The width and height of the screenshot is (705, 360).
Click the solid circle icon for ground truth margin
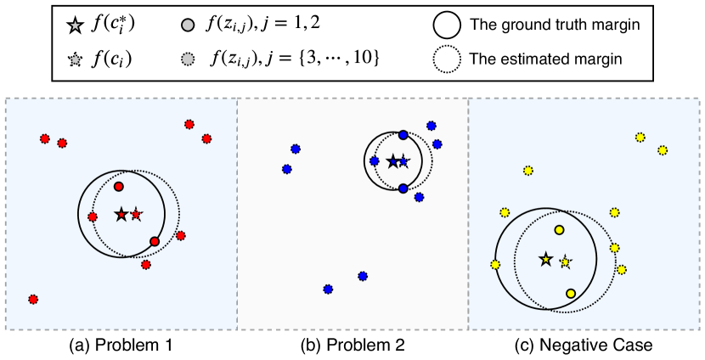[x=448, y=25]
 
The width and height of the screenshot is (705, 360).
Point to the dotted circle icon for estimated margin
[x=448, y=59]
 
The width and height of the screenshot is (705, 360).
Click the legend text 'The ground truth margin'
[x=554, y=25]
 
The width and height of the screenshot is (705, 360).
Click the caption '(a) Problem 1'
[x=121, y=346]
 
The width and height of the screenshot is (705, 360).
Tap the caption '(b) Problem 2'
[x=352, y=346]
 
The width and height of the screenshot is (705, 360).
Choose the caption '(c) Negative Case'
[x=585, y=346]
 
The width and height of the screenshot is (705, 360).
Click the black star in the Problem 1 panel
[x=121, y=214]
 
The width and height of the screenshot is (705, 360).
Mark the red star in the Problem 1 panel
[x=137, y=214]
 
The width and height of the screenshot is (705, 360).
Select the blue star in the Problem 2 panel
[x=403, y=161]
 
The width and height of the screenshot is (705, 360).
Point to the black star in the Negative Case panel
[x=544, y=259]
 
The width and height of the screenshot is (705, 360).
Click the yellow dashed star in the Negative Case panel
[x=566, y=262]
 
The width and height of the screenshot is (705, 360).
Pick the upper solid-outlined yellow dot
[x=559, y=229]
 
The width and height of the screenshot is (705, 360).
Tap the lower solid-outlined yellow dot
[x=571, y=293]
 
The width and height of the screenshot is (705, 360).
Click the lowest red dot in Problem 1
[x=32, y=299]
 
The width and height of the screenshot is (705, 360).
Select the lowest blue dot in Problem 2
[x=328, y=289]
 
